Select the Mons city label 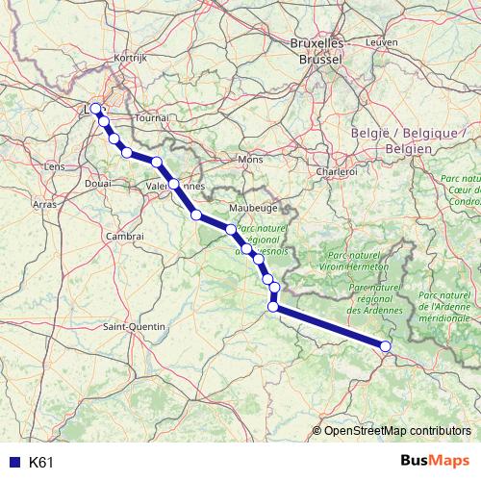[x=250, y=159]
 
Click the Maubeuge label [x=253, y=207]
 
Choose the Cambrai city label [x=125, y=236]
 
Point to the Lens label [x=55, y=166]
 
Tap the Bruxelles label [x=316, y=44]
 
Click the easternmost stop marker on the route [x=386, y=346]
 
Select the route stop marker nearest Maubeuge [x=231, y=229]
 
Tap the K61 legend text [x=41, y=462]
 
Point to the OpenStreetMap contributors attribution [x=397, y=431]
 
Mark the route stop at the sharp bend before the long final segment [x=273, y=307]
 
